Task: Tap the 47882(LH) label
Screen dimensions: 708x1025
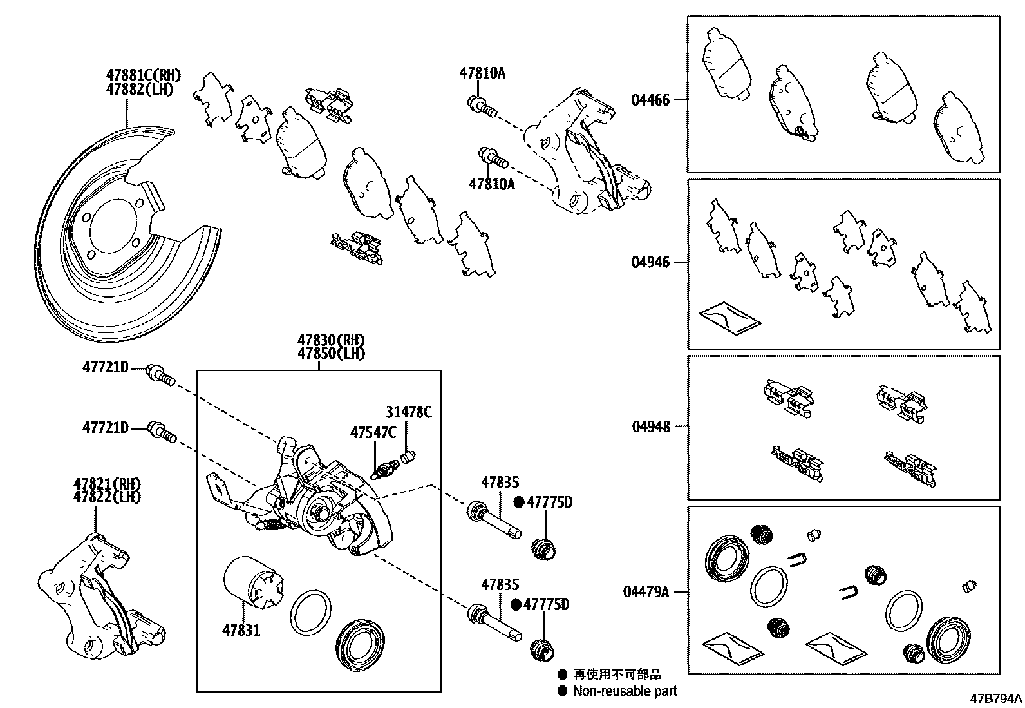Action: tap(140, 90)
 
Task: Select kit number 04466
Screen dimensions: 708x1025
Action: tap(650, 100)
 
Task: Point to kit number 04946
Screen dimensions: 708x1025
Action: tap(650, 262)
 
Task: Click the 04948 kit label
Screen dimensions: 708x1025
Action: tap(650, 426)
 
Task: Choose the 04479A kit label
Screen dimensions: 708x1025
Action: tap(646, 591)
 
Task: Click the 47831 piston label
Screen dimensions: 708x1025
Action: tap(241, 630)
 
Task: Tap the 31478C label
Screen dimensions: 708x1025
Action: tap(409, 412)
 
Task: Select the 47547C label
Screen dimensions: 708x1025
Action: tap(373, 432)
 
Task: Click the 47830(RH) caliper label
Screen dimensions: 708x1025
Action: tap(331, 340)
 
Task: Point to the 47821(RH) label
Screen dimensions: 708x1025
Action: tap(107, 484)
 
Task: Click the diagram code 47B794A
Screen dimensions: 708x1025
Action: tap(997, 698)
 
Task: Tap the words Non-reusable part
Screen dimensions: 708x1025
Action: tap(625, 691)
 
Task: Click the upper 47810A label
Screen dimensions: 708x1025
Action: tap(482, 73)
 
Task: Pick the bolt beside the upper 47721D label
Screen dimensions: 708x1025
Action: tap(160, 374)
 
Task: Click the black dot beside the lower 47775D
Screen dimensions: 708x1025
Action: tap(516, 605)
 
